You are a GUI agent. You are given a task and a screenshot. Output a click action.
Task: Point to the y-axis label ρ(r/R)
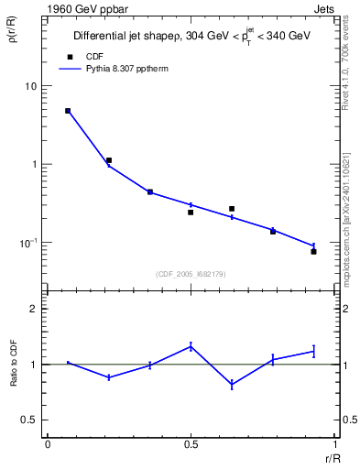[x=13, y=38]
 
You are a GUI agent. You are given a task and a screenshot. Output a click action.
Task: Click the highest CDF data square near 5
[x=68, y=111]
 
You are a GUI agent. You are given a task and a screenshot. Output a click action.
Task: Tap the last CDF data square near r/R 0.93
[x=313, y=251]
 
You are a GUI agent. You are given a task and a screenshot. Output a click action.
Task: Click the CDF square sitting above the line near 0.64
[x=232, y=209]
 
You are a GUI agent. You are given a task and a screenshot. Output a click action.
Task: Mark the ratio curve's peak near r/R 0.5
[x=191, y=345]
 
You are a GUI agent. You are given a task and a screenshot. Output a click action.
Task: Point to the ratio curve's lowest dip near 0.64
[x=232, y=385]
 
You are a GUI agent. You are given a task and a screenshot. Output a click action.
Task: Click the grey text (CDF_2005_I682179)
[x=191, y=274]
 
